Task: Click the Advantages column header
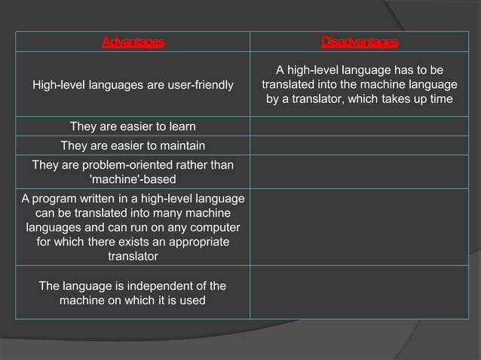[x=133, y=41]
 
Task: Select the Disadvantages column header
[x=360, y=41]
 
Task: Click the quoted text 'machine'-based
[x=133, y=179]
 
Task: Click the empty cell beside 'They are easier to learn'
[x=360, y=126]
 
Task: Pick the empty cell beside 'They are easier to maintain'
[x=360, y=145]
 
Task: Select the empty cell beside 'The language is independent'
[x=360, y=293]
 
